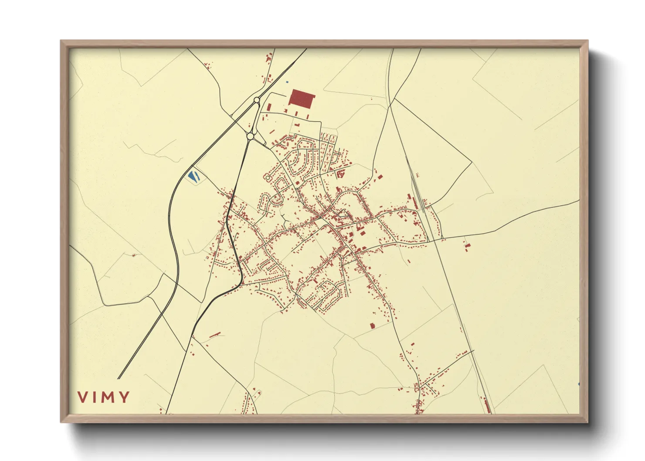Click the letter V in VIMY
point(82,397)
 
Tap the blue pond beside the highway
point(193,176)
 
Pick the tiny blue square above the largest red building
point(287,82)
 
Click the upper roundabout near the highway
point(257,100)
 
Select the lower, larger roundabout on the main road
point(250,136)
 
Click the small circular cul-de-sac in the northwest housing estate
point(267,178)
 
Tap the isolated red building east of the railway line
point(467,247)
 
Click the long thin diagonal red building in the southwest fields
point(215,335)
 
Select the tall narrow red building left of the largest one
point(268,107)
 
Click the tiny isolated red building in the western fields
point(134,255)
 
